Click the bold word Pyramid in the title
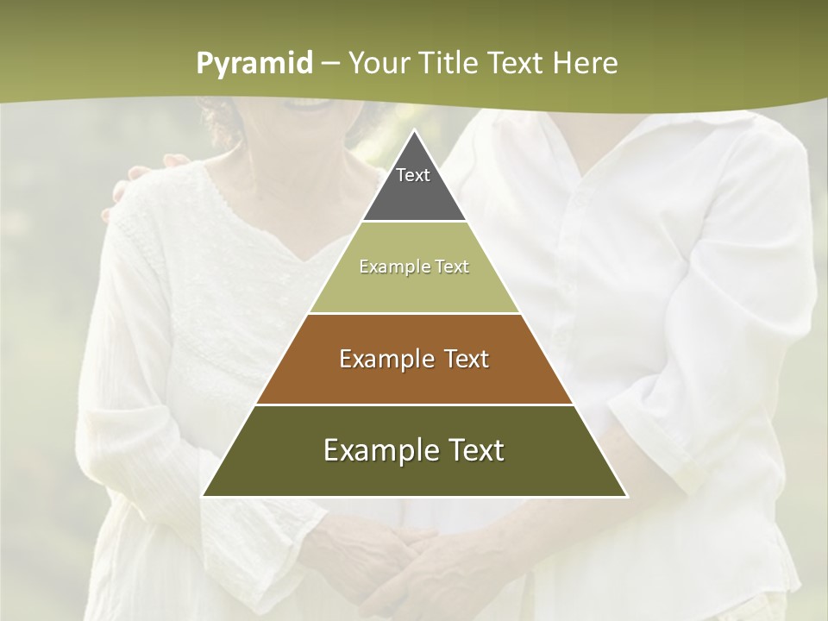tap(254, 64)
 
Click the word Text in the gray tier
tap(413, 175)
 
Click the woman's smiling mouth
tap(312, 103)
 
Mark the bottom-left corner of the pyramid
tap(204, 495)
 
